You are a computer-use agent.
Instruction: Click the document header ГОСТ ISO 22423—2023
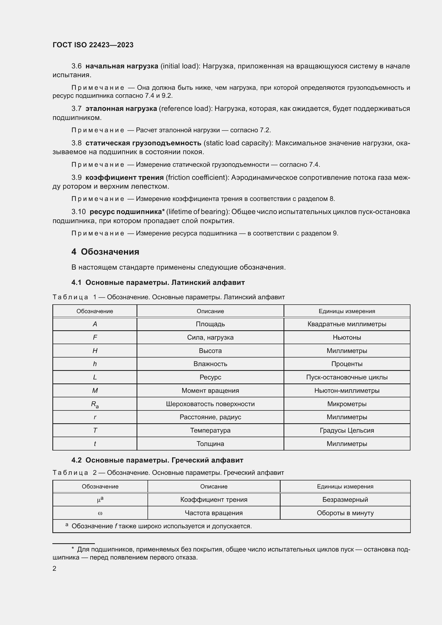click(x=93, y=45)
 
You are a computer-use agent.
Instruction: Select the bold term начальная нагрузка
click(x=122, y=66)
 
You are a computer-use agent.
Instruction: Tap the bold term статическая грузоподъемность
click(x=143, y=143)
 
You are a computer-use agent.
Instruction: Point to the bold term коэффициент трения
click(x=124, y=177)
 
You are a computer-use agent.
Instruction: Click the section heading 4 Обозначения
click(x=105, y=251)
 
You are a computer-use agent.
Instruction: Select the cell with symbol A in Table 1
click(x=95, y=324)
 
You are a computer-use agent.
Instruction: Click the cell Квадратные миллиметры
click(x=347, y=324)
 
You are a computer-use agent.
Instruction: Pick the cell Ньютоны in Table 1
click(x=347, y=337)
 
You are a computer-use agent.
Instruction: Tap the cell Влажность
click(x=210, y=364)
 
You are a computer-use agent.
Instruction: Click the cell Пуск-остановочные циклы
click(x=347, y=377)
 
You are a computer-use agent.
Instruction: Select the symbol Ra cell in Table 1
click(x=95, y=404)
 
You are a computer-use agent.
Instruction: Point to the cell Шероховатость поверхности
click(x=210, y=404)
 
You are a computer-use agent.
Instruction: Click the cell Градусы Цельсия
click(x=347, y=430)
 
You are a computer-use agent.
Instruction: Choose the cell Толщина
click(x=210, y=444)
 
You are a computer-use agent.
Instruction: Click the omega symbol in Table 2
click(x=100, y=513)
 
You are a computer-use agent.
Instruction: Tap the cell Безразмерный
click(x=345, y=499)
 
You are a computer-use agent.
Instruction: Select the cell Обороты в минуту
click(x=345, y=513)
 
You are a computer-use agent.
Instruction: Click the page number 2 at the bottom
click(x=55, y=568)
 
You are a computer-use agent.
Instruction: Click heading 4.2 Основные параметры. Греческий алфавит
click(x=157, y=460)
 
